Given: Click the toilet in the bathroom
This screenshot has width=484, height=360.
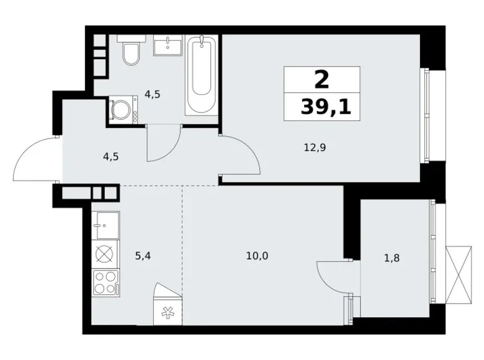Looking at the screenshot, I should tap(130, 52).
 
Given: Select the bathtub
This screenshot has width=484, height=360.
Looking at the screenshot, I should tap(201, 75).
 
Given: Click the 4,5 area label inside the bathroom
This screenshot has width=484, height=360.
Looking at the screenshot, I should tap(152, 95).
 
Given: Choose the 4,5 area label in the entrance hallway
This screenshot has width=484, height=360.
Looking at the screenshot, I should tap(110, 156).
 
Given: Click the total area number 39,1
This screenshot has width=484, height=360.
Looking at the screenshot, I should tap(326, 107).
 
